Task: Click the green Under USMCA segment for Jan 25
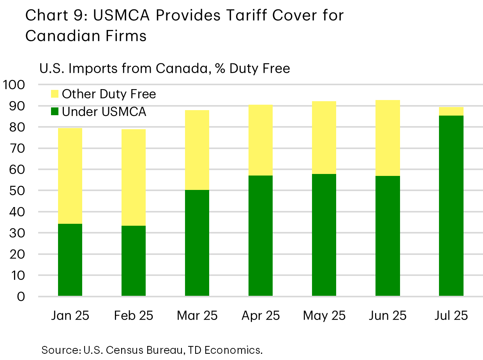(x=70, y=260)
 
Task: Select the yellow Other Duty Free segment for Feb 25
(x=134, y=177)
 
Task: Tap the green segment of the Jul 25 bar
(x=451, y=206)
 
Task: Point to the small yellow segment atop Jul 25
(x=451, y=111)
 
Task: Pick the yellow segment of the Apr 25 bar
(x=261, y=140)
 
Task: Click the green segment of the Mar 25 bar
(x=197, y=243)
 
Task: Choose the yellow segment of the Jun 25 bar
(x=388, y=138)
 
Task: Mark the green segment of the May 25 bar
(x=324, y=235)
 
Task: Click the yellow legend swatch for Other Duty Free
(x=55, y=94)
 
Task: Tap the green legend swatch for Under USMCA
(x=55, y=112)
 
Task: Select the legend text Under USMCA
(x=104, y=112)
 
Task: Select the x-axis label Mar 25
(x=197, y=315)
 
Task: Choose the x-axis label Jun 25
(x=388, y=315)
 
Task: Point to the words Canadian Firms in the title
(x=86, y=35)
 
